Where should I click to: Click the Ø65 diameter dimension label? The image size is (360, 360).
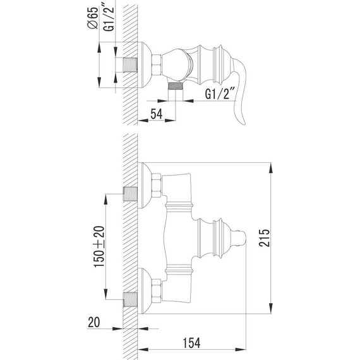[93, 18]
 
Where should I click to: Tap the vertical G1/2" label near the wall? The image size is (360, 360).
[109, 18]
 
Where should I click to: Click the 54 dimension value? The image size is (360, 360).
[157, 114]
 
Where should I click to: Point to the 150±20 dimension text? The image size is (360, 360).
[99, 246]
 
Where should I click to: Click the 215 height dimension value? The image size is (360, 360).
[264, 237]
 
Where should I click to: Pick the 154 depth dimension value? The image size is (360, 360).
[191, 343]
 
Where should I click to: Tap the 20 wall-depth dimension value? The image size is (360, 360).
[94, 322]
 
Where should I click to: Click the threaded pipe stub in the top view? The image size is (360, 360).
[130, 65]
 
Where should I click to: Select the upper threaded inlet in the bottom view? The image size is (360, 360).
[130, 194]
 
